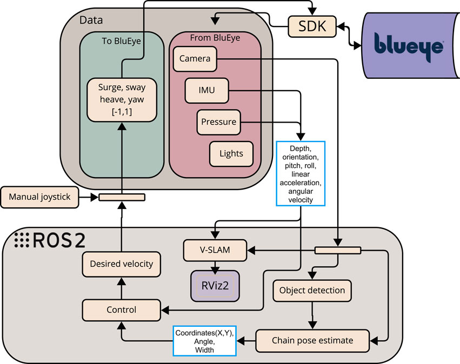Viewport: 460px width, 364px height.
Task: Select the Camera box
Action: click(195, 58)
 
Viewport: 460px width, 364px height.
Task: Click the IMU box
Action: click(206, 90)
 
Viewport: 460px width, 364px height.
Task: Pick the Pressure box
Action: click(218, 122)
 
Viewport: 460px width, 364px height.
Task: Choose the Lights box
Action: click(231, 153)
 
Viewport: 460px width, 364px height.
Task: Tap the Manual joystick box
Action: click(41, 197)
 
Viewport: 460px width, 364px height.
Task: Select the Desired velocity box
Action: click(118, 264)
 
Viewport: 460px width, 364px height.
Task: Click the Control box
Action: click(121, 310)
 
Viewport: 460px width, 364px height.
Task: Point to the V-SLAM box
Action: click(215, 250)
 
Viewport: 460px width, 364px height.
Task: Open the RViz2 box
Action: click(215, 285)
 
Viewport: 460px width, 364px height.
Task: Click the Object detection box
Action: click(312, 291)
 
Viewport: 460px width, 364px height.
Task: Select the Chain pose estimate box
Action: click(312, 340)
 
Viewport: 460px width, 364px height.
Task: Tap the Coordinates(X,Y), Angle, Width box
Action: click(204, 341)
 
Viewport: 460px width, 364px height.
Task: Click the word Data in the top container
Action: click(92, 20)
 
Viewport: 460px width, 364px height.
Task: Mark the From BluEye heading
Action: click(215, 38)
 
